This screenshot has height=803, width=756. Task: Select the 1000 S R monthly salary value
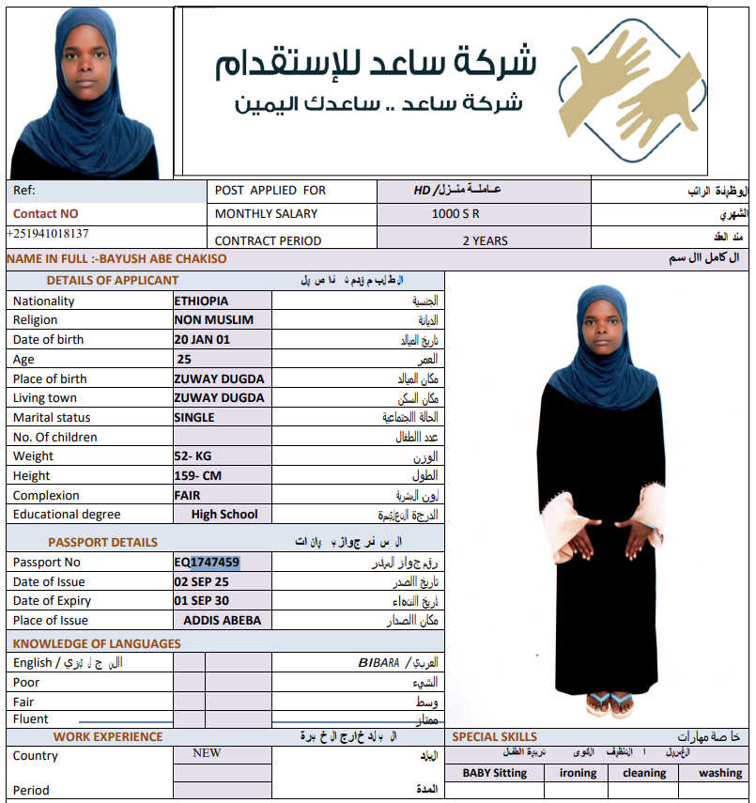[x=455, y=214]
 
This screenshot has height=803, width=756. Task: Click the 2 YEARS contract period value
[x=485, y=240]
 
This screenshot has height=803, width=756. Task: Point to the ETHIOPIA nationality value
[x=201, y=301]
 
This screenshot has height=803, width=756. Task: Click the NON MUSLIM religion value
[x=213, y=320]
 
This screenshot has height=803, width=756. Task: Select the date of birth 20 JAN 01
[x=202, y=340]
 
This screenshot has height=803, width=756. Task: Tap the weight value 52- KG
[x=193, y=456]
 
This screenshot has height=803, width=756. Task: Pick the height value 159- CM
[x=197, y=476]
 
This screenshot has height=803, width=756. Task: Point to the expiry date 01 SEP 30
[x=201, y=601]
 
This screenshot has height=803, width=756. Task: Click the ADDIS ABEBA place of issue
[x=223, y=621]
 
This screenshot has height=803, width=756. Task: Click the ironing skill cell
[x=578, y=773]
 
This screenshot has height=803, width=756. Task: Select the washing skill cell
[x=720, y=773]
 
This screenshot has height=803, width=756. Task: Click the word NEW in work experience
[x=207, y=753]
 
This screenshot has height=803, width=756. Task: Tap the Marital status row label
[x=53, y=418]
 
